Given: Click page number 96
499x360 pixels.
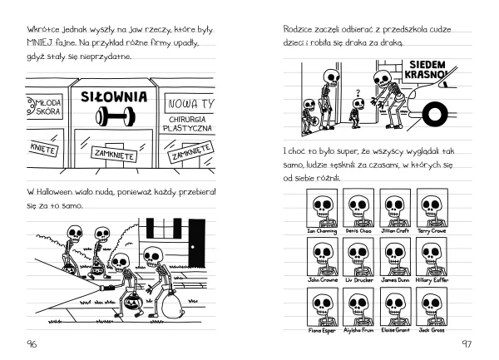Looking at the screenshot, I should pos(32,344).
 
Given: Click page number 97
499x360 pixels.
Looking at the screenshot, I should pos(466,344).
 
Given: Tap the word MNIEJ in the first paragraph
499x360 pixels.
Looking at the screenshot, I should pos(42,42).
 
